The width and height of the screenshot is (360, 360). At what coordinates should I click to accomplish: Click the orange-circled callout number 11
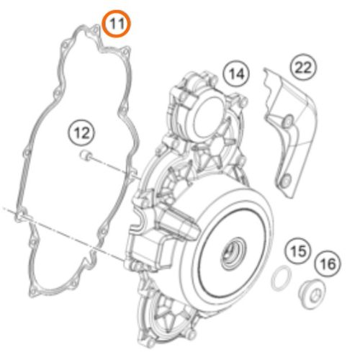click(117, 23)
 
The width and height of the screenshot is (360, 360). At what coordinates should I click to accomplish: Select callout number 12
click(81, 132)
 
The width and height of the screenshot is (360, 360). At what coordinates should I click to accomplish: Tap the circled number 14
click(236, 73)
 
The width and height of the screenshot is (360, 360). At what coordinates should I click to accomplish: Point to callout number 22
click(303, 67)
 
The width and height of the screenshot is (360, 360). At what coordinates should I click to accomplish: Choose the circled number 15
click(298, 251)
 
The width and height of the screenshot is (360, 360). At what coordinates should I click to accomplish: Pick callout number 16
click(328, 264)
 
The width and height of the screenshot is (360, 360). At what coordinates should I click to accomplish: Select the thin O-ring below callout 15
click(282, 278)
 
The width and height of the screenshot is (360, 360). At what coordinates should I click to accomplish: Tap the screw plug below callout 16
click(312, 294)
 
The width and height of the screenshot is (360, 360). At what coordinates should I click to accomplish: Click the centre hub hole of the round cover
click(233, 253)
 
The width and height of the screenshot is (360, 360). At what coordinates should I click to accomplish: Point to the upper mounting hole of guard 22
click(288, 121)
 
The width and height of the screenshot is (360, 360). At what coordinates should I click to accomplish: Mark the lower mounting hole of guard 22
click(287, 180)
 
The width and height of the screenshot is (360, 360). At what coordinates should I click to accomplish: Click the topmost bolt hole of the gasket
click(95, 30)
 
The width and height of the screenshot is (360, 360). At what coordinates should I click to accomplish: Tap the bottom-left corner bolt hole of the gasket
click(33, 292)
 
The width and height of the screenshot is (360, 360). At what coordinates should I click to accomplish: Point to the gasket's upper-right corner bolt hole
click(125, 52)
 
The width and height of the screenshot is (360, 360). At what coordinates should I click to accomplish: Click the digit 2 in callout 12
click(86, 132)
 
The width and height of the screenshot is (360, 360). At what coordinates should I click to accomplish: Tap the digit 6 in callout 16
click(333, 264)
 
